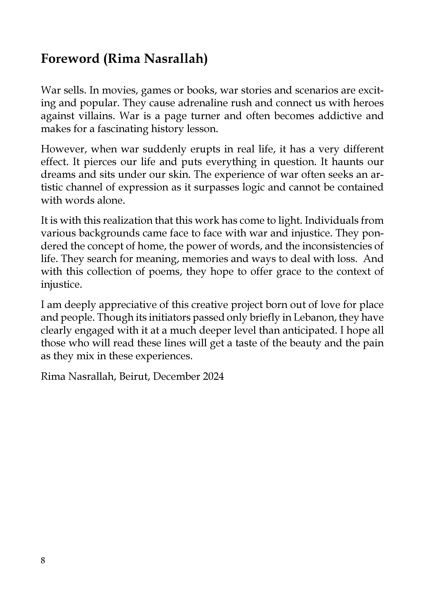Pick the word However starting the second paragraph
[x=63, y=149]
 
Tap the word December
[x=176, y=376]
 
